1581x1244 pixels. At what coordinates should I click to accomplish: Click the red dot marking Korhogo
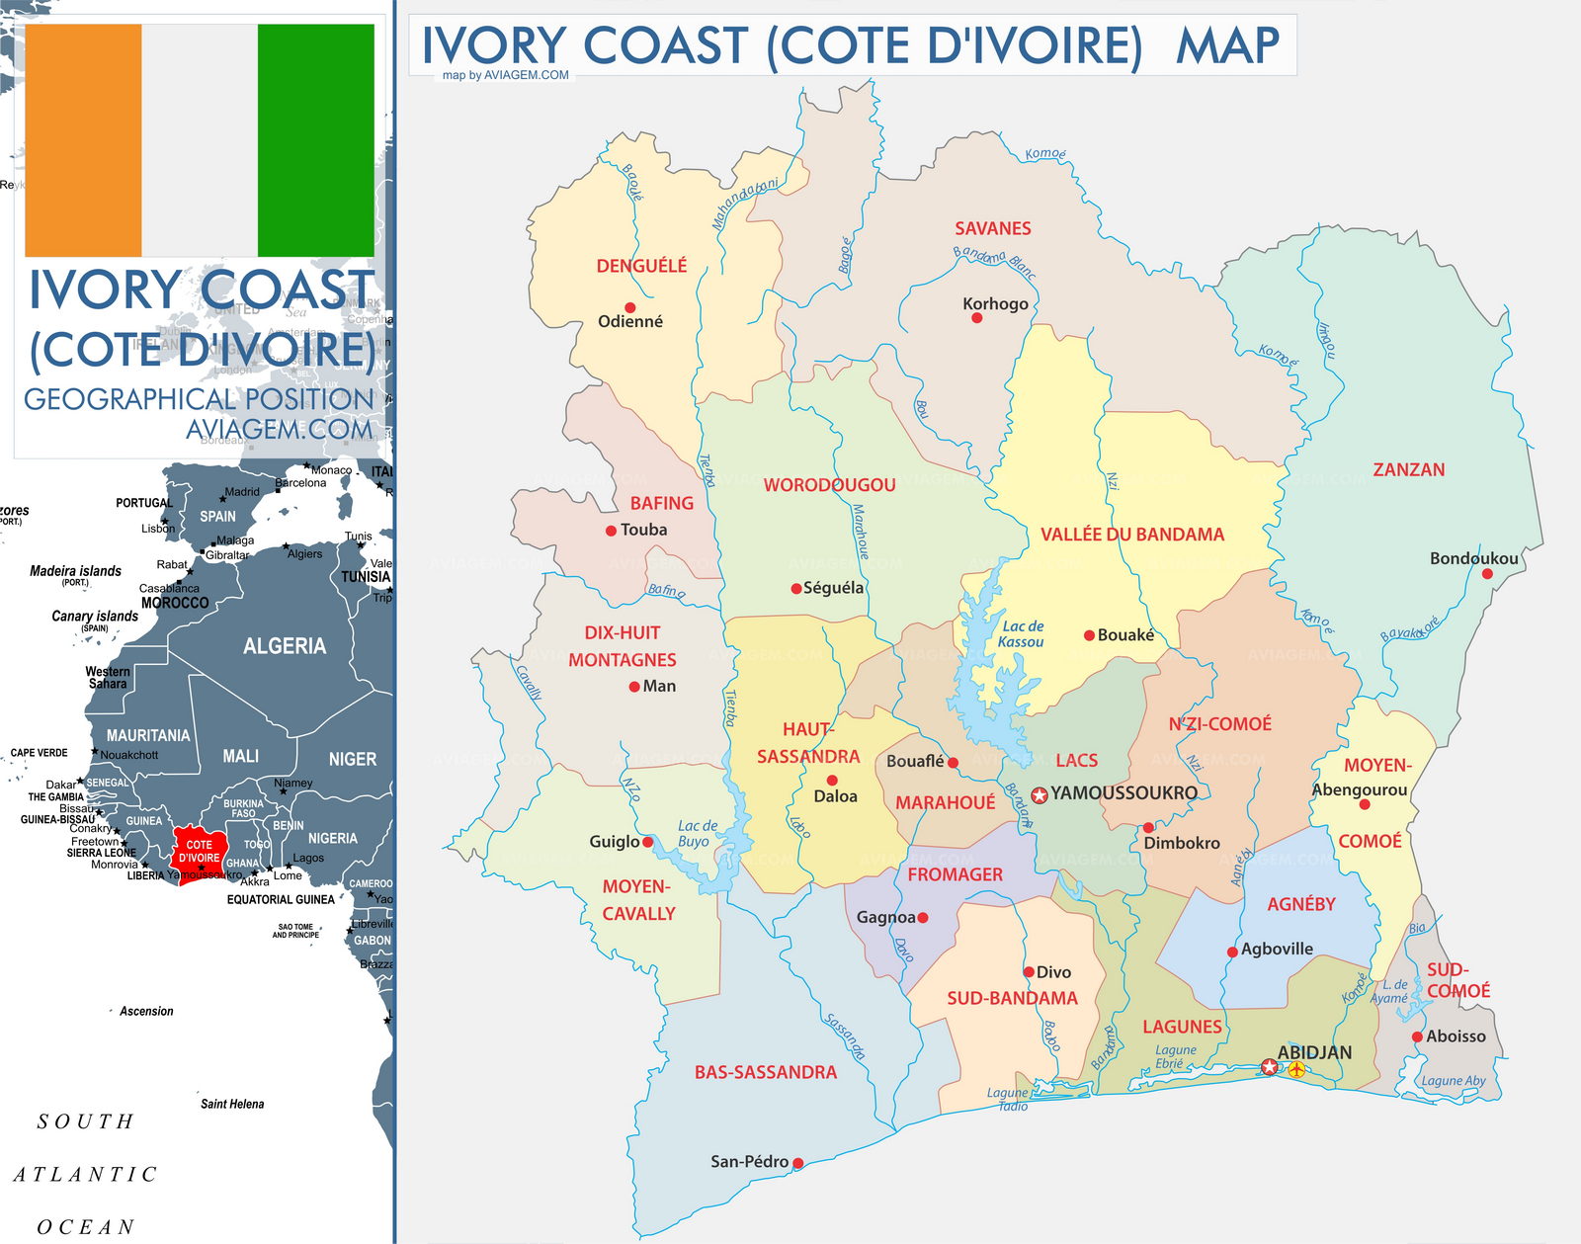pos(976,318)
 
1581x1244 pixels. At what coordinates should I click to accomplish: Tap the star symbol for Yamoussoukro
pos(1040,794)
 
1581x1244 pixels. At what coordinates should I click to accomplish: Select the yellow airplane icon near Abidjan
pos(1296,1069)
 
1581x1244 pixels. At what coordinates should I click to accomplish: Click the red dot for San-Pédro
pos(797,1163)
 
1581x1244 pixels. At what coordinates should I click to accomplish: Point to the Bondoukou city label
pos(1473,558)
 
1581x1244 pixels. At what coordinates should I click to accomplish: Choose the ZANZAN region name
pos(1408,469)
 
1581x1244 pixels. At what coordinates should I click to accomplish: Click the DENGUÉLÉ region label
pos(641,266)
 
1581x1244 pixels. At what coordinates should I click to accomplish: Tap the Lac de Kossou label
pos(1022,633)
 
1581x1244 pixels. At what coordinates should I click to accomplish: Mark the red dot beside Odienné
pos(629,307)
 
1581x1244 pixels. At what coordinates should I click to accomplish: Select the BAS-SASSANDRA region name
pos(765,1072)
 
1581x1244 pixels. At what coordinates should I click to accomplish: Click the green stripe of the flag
pos(316,140)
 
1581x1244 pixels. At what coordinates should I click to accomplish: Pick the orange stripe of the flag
pos(83,140)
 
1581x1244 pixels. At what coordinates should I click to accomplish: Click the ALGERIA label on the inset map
pos(284,646)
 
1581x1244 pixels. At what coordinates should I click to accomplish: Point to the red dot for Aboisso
pos(1417,1037)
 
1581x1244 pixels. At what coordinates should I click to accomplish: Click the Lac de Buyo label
pos(697,833)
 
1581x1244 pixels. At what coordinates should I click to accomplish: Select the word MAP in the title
pos(1227,45)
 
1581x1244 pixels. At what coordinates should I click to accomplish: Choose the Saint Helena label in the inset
pos(232,1104)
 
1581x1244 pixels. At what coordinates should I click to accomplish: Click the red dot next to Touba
pos(611,531)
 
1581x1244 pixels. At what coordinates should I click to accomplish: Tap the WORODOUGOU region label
pos(829,485)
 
